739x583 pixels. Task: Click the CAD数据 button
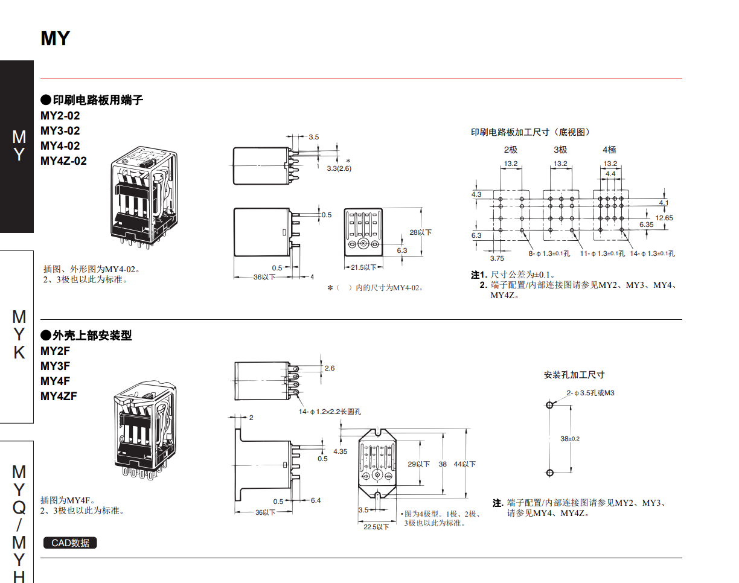pos(70,543)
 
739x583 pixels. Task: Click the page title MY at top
pos(56,39)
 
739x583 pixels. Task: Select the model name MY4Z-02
pos(63,161)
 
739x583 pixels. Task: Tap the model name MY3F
pos(56,366)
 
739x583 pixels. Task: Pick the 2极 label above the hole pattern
pos(511,150)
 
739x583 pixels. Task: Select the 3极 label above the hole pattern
pos(560,150)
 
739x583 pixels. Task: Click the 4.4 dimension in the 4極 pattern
pos(610,174)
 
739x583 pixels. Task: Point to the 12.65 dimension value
pos(664,217)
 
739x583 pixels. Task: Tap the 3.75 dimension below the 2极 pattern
pos(497,258)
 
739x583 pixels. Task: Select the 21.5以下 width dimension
pos(363,267)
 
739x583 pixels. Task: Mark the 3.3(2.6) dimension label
pos(339,168)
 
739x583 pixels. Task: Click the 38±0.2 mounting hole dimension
pos(569,439)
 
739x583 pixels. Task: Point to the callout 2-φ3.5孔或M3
pos(590,393)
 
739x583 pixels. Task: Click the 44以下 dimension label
pos(465,464)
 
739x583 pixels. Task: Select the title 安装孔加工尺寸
pos(574,375)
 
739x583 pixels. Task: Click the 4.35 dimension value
pos(340,451)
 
